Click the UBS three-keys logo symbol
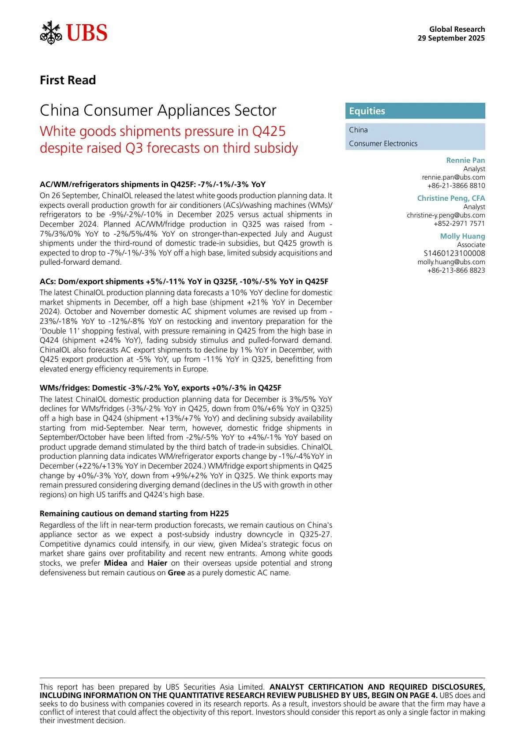click(51, 33)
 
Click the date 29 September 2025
click(451, 38)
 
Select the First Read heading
click(67, 80)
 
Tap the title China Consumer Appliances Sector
click(158, 110)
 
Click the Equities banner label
click(367, 111)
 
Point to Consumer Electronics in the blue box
click(383, 143)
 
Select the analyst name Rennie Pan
click(465, 160)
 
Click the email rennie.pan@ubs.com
click(453, 177)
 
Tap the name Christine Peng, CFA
click(451, 198)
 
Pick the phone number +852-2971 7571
click(459, 223)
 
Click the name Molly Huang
click(462, 236)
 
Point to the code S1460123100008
click(454, 253)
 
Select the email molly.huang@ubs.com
click(451, 262)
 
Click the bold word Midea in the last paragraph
click(116, 563)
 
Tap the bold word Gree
click(176, 573)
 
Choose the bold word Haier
click(157, 563)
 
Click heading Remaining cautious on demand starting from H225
click(134, 514)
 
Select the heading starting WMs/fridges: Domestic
click(160, 388)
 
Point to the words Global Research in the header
click(457, 29)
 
